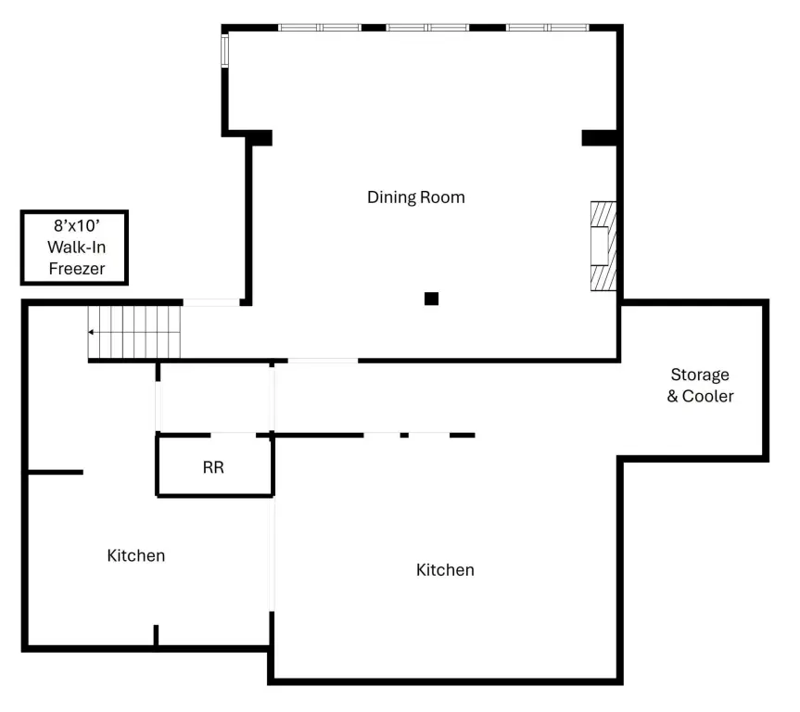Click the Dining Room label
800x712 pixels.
416,197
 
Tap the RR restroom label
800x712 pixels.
213,467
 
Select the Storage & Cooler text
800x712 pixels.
701,386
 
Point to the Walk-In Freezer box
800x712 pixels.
74,247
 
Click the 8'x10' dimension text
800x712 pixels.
77,225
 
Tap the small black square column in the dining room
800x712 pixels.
431,299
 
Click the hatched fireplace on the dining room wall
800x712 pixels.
603,246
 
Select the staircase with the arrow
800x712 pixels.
134,332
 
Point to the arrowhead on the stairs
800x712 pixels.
90,332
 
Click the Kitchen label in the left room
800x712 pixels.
136,555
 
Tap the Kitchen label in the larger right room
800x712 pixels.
445,569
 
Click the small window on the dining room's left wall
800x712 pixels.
224,50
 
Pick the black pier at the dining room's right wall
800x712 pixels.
600,138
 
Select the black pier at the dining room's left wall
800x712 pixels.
260,138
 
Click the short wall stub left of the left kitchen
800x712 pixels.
55,472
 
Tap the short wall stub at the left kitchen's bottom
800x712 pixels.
156,635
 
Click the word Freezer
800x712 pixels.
77,269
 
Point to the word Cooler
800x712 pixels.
708,396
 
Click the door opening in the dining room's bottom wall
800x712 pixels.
323,361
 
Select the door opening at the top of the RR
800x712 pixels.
234,435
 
